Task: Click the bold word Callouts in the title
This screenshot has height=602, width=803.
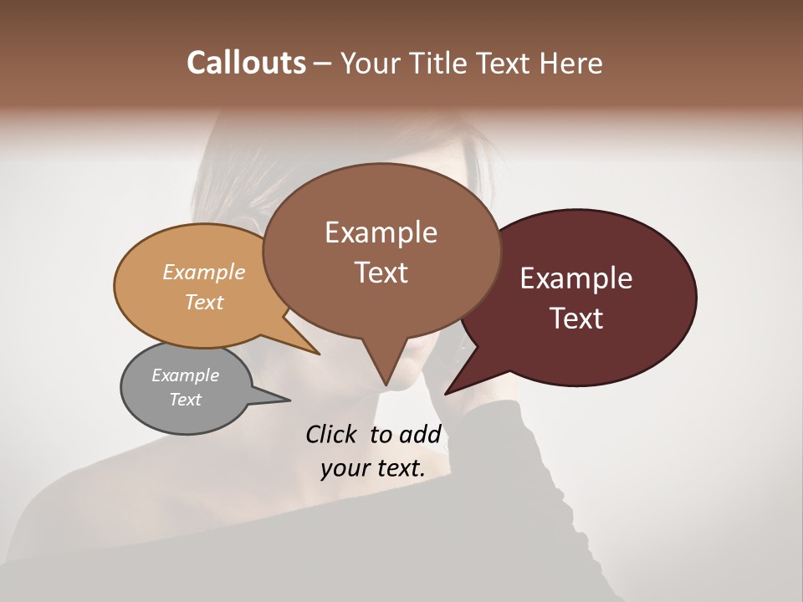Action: click(246, 64)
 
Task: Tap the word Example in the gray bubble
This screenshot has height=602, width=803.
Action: click(185, 375)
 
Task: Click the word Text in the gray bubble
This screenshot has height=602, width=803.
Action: click(185, 400)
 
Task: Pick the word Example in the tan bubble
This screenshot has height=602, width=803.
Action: click(204, 273)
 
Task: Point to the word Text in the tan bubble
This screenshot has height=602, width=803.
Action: click(204, 302)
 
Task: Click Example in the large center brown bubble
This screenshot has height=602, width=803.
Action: click(381, 232)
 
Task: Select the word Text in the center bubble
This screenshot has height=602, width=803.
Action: click(381, 273)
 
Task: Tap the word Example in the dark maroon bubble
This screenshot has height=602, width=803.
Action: click(576, 278)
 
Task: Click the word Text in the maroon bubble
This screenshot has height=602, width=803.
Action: click(576, 319)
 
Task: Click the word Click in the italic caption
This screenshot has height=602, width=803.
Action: click(332, 434)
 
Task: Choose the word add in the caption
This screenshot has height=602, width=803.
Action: click(419, 434)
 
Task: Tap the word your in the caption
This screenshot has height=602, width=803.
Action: click(344, 468)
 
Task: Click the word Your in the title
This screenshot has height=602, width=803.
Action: click(372, 64)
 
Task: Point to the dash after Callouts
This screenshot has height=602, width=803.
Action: click(322, 64)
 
